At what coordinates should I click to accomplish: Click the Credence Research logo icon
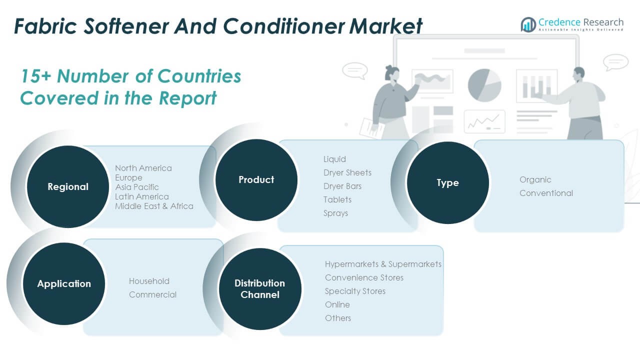[528, 24]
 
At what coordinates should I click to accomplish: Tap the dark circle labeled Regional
[68, 186]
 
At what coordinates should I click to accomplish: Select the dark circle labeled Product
[256, 180]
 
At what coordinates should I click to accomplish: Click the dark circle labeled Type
[447, 182]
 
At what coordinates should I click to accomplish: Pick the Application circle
[64, 283]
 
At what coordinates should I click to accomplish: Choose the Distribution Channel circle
[260, 289]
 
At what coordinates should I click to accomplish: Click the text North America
[143, 168]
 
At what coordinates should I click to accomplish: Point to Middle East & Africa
[154, 206]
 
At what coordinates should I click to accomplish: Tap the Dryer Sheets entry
[347, 173]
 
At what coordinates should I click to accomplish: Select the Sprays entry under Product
[335, 213]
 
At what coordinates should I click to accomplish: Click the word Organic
[535, 180]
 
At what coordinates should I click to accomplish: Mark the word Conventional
[546, 193]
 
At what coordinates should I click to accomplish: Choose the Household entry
[149, 281]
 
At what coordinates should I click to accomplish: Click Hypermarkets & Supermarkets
[383, 264]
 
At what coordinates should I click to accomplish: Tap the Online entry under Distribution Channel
[337, 304]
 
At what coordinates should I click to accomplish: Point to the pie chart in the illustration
[484, 85]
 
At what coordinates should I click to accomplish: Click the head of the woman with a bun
[392, 73]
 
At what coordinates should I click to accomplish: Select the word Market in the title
[385, 26]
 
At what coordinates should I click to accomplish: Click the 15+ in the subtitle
[35, 76]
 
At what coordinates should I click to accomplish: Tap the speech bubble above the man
[615, 62]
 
